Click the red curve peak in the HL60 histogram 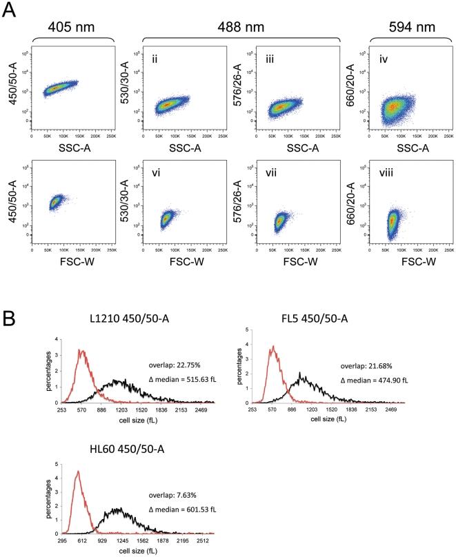click(x=78, y=472)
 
